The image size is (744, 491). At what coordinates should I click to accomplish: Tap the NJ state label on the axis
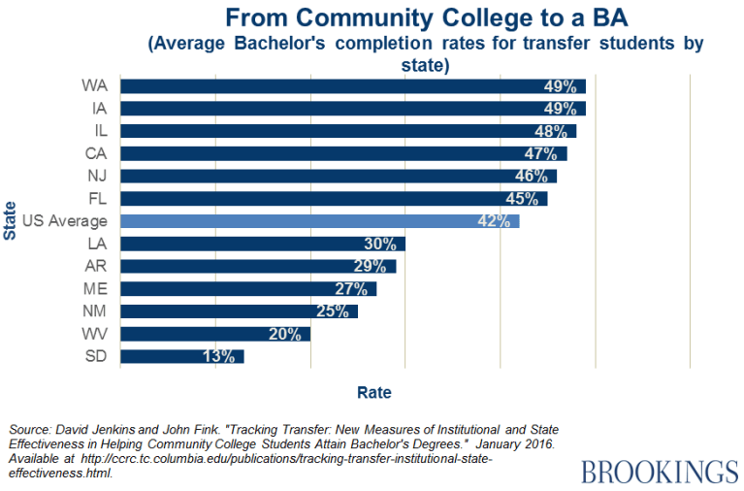tap(97, 176)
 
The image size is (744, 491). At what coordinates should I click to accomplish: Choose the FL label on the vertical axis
tap(97, 198)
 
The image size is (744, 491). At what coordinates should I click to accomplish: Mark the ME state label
tap(96, 288)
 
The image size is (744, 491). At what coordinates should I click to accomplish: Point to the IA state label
tap(98, 108)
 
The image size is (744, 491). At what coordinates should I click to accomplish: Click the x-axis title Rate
tap(374, 393)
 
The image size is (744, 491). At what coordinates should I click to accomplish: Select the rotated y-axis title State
tap(11, 220)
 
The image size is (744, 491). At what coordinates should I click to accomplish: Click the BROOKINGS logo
tap(660, 472)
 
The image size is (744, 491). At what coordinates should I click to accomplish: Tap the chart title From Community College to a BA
tap(377, 17)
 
